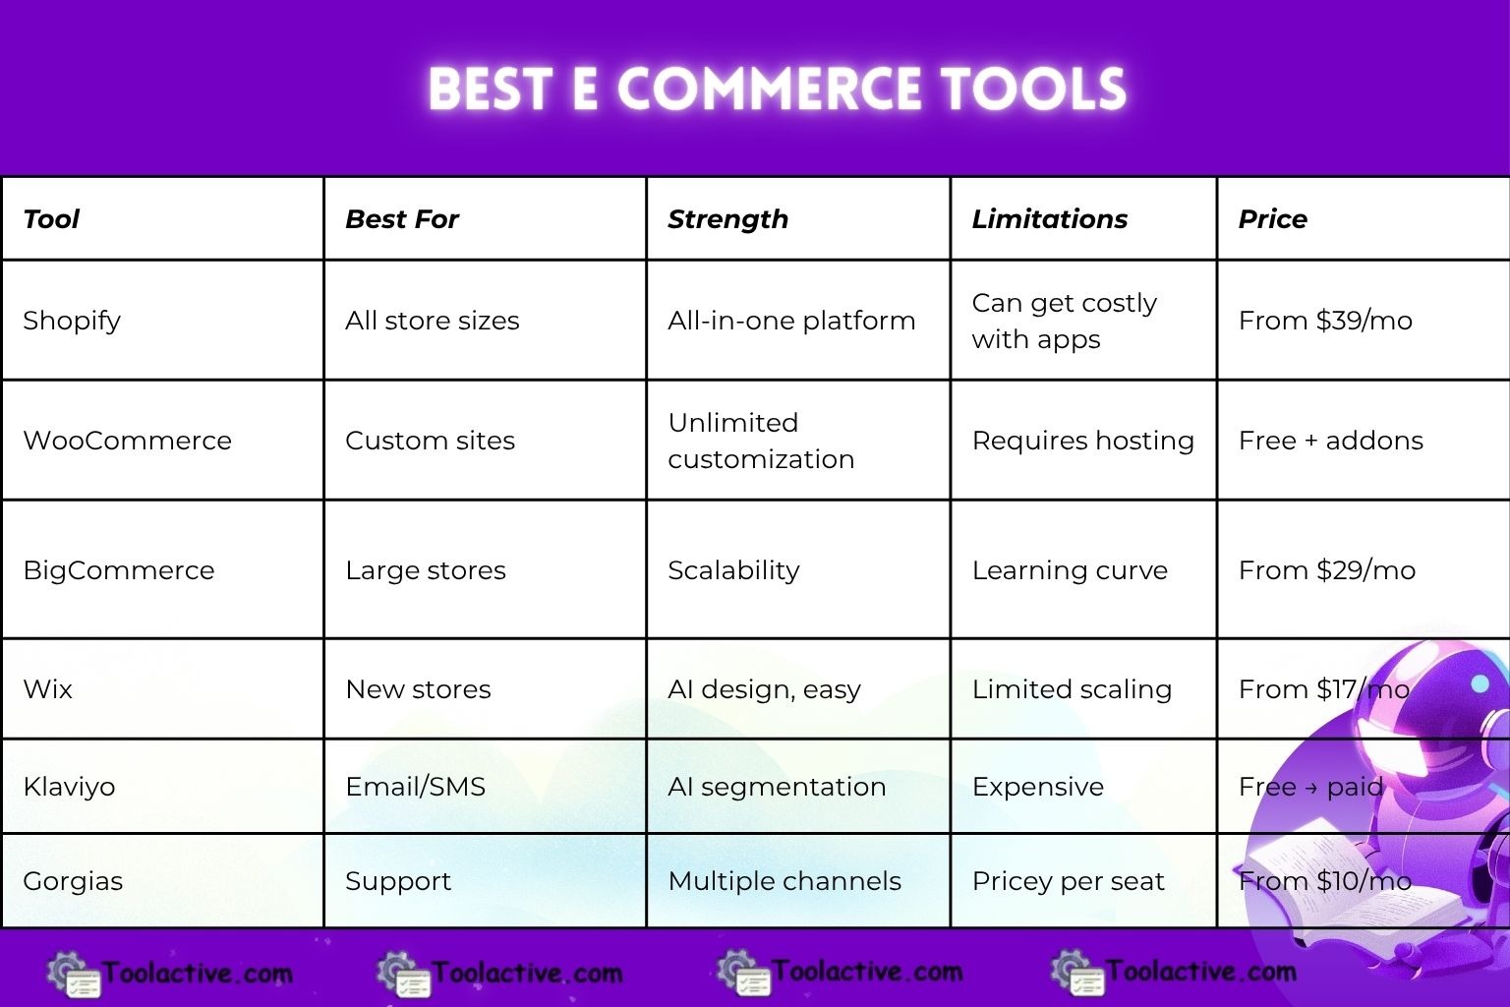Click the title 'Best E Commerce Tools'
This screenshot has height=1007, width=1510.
coord(777,89)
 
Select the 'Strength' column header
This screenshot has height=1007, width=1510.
coord(727,219)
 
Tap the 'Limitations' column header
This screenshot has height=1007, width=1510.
coord(1049,219)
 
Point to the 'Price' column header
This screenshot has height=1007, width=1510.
coord(1272,219)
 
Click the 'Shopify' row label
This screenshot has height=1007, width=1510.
coord(72,321)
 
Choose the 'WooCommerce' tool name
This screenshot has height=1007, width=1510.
coord(127,441)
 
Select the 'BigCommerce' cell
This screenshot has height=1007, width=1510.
coord(118,570)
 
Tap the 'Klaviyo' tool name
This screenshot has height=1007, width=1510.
coord(69,787)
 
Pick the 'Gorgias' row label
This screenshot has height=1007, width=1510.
coord(73,881)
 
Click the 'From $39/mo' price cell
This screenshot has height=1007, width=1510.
coord(1325,321)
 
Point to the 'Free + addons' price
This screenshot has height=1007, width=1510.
coord(1330,441)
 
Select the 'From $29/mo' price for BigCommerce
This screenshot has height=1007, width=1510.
coord(1326,570)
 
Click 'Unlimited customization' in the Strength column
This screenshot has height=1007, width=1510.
coord(761,441)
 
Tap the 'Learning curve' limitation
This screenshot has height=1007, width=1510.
coord(1070,570)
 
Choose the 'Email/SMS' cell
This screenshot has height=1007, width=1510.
coord(415,787)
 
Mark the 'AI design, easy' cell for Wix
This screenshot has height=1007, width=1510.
coord(764,689)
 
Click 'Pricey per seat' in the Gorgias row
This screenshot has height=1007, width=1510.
coord(1068,881)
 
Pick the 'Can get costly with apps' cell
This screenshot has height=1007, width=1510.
coord(1064,321)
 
